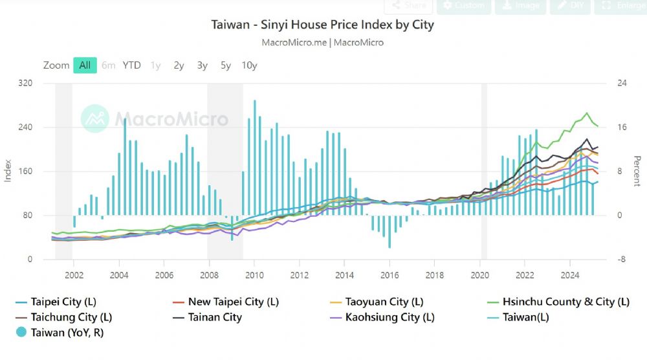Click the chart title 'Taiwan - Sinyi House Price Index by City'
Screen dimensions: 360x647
pos(322,25)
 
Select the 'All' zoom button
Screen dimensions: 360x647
pos(85,65)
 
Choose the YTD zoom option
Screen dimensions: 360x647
pos(131,65)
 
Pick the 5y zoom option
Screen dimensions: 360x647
pos(225,65)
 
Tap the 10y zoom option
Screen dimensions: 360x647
pos(249,65)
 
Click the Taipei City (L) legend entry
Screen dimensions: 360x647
pos(63,302)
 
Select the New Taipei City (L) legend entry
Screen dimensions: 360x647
pos(233,302)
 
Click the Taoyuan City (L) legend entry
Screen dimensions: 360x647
pos(386,302)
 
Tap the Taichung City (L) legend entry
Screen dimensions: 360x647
pos(71,317)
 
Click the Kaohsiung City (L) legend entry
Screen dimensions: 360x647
pos(389,317)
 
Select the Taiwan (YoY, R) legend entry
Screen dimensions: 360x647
pos(67,333)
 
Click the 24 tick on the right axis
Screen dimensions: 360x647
pos(622,84)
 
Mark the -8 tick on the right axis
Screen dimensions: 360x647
pos(622,260)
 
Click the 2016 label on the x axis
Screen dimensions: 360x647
pos(389,274)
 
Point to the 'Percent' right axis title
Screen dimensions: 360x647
pos(637,170)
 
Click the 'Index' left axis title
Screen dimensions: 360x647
pos(8,170)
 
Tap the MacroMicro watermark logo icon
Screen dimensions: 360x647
pos(94,118)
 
